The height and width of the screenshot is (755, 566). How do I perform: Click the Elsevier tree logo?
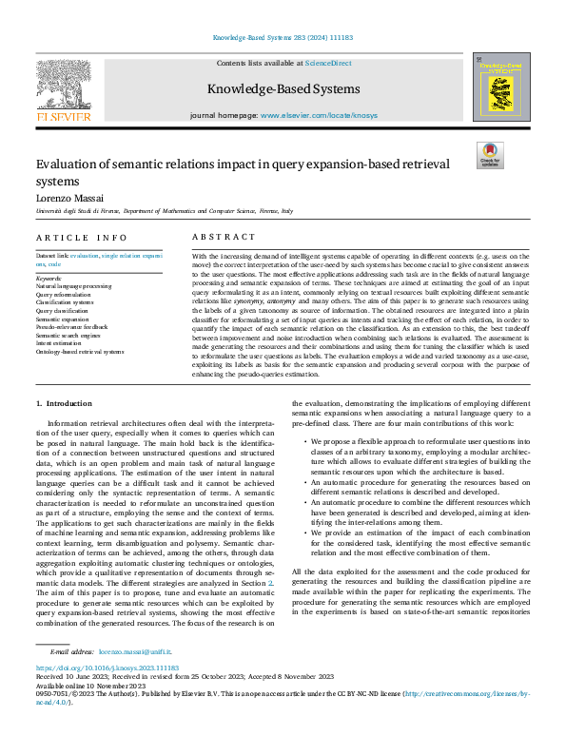click(x=63, y=87)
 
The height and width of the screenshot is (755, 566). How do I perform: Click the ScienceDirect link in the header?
click(x=327, y=63)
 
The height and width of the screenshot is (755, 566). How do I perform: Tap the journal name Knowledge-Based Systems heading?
click(x=283, y=89)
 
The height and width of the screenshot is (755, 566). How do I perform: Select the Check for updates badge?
click(x=489, y=154)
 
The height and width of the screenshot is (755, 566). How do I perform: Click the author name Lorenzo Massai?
click(x=72, y=196)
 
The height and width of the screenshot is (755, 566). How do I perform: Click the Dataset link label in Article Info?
click(x=51, y=257)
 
